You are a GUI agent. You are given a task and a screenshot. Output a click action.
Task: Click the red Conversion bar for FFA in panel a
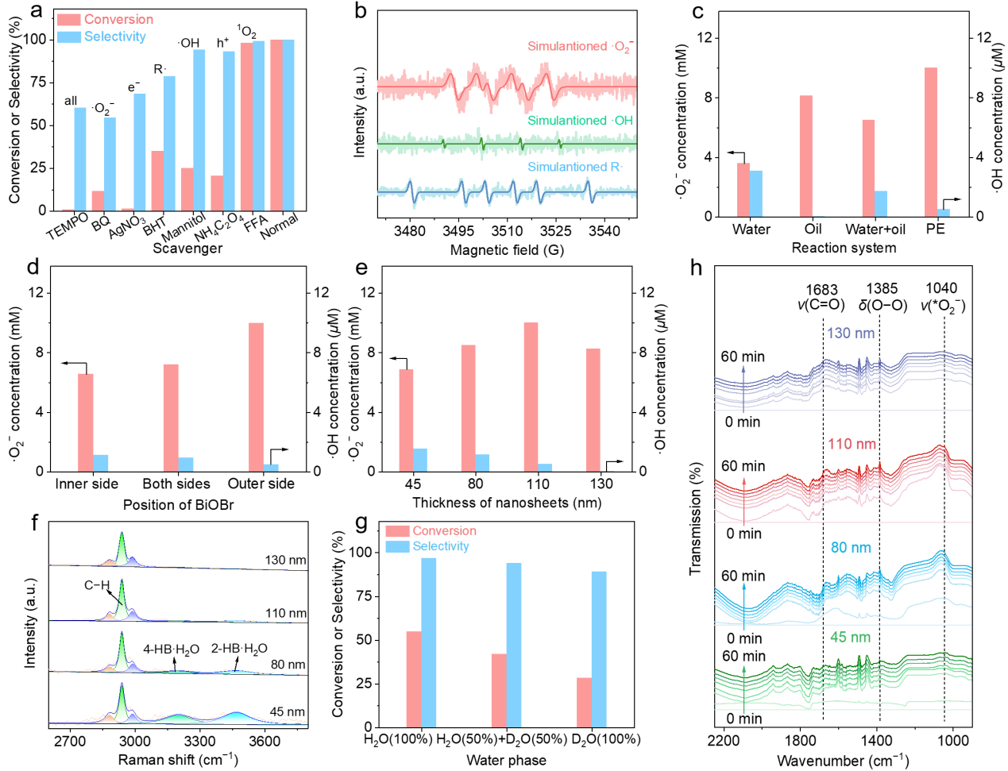click(246, 127)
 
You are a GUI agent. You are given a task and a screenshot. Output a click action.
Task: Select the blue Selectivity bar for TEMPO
click(80, 159)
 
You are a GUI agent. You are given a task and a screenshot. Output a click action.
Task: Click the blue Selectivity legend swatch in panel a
click(69, 37)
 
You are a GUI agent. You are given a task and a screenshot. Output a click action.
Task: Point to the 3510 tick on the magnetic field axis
click(507, 231)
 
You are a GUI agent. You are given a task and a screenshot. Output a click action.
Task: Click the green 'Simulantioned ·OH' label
click(580, 121)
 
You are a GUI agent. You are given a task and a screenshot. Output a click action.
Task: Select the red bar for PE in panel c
click(930, 142)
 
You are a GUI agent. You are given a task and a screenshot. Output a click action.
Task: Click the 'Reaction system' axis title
click(844, 248)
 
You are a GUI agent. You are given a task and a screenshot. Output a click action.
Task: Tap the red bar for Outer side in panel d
click(256, 397)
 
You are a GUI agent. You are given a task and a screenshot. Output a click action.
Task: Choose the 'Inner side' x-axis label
click(87, 484)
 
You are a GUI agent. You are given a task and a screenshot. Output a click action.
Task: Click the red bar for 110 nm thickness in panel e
click(531, 397)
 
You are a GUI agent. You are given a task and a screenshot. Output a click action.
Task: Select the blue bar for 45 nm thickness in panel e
click(419, 460)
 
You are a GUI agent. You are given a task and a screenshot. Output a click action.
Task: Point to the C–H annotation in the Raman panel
click(97, 585)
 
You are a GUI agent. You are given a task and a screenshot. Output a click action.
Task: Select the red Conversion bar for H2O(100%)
click(414, 679)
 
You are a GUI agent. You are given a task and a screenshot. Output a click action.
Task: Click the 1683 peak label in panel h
click(821, 290)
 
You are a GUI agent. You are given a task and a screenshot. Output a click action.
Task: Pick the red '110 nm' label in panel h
click(852, 444)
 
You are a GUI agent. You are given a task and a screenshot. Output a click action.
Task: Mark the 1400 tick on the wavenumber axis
click(878, 741)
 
